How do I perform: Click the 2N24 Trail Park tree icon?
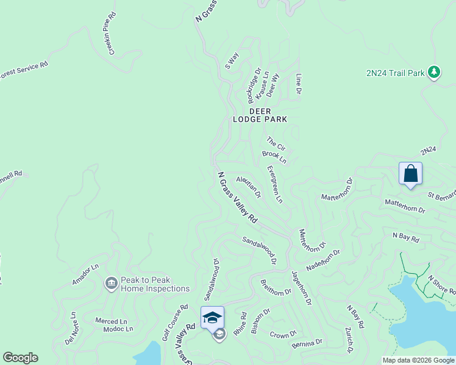(433, 72)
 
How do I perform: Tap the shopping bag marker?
(410, 173)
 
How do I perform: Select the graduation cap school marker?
(212, 318)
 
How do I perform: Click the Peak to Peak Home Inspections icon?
(111, 283)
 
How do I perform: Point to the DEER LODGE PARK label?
(259, 115)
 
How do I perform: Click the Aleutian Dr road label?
(249, 187)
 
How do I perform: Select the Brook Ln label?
(274, 157)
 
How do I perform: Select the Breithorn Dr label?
(276, 287)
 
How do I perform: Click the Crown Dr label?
(283, 335)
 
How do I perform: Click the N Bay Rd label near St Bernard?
(405, 237)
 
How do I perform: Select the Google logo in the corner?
(20, 358)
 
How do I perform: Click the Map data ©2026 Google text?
(418, 360)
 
